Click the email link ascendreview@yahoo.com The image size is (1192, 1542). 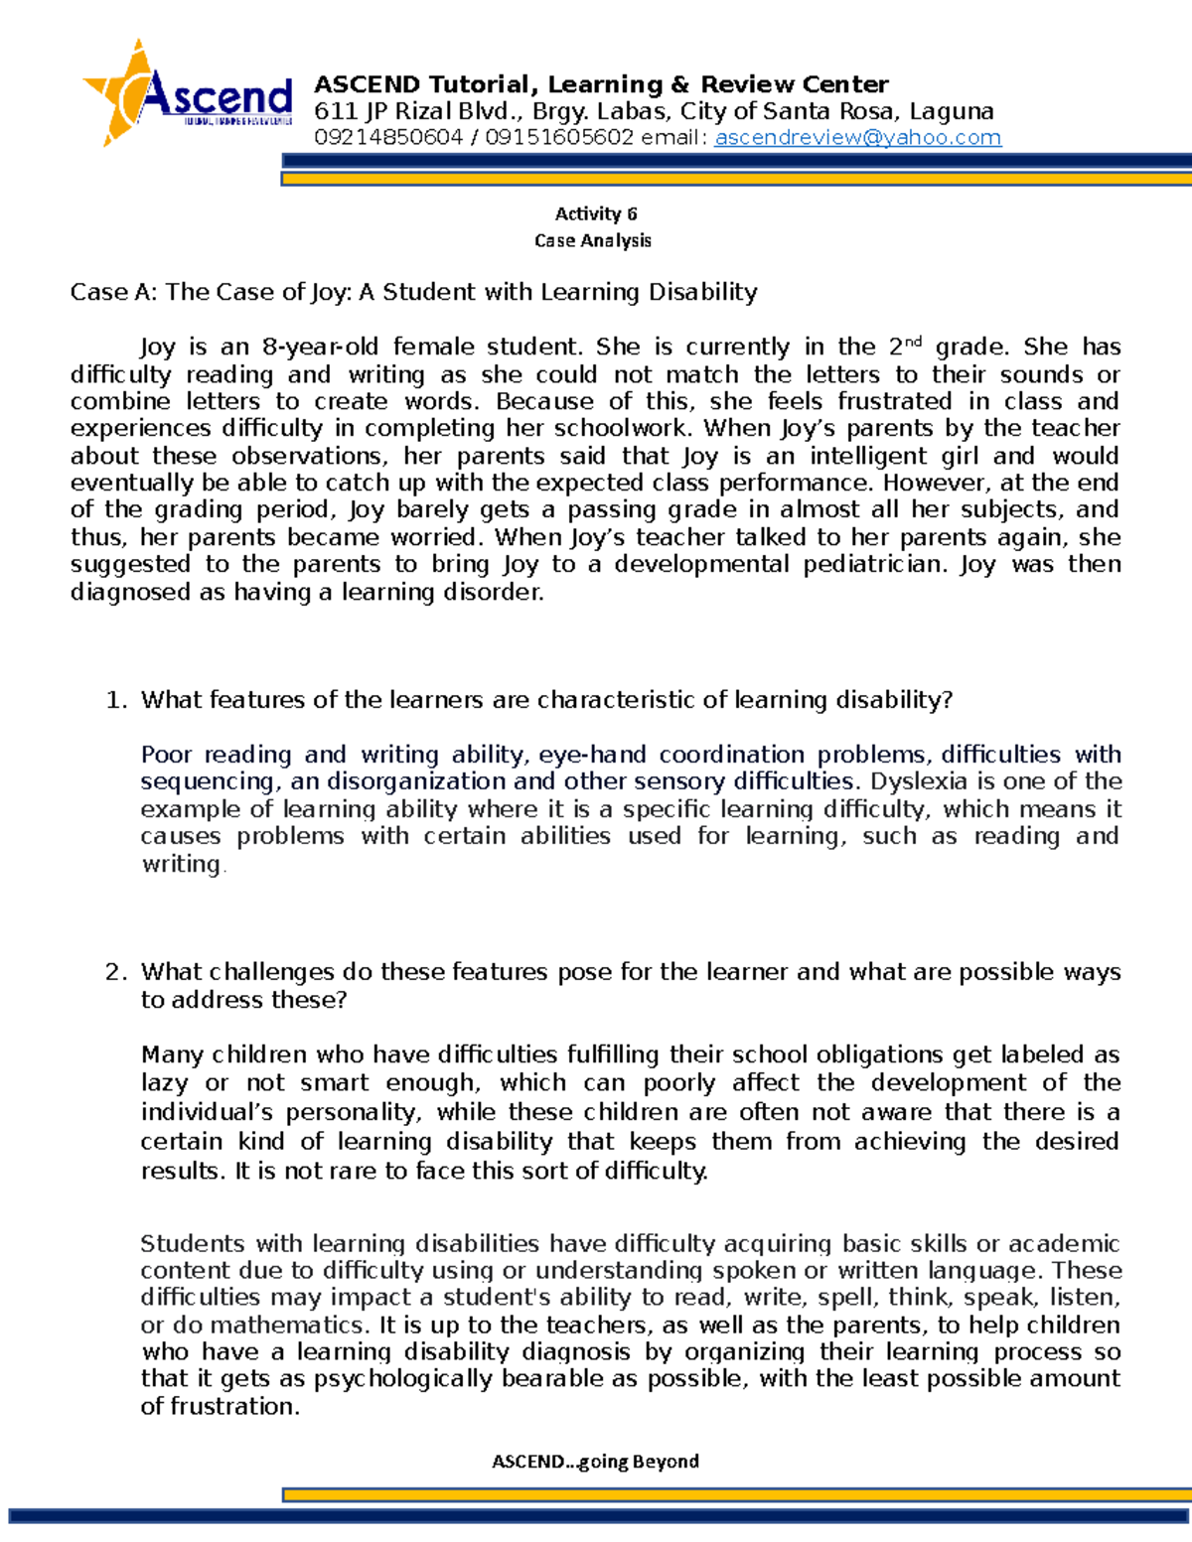pyautogui.click(x=857, y=138)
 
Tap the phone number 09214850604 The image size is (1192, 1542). pyautogui.click(x=388, y=138)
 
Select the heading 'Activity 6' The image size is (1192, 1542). pyautogui.click(x=595, y=213)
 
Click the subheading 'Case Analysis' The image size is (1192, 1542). pyautogui.click(x=593, y=240)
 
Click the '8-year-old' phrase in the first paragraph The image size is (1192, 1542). pyautogui.click(x=320, y=348)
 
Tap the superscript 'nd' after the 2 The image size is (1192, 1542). pyautogui.click(x=913, y=342)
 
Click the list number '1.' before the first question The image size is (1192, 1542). pyautogui.click(x=116, y=700)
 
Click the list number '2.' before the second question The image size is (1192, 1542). pyautogui.click(x=116, y=972)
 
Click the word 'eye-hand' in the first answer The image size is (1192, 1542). pyautogui.click(x=592, y=755)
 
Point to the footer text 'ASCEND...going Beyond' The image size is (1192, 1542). pyautogui.click(x=595, y=1462)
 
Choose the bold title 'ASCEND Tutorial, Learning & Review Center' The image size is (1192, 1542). pyautogui.click(x=601, y=84)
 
